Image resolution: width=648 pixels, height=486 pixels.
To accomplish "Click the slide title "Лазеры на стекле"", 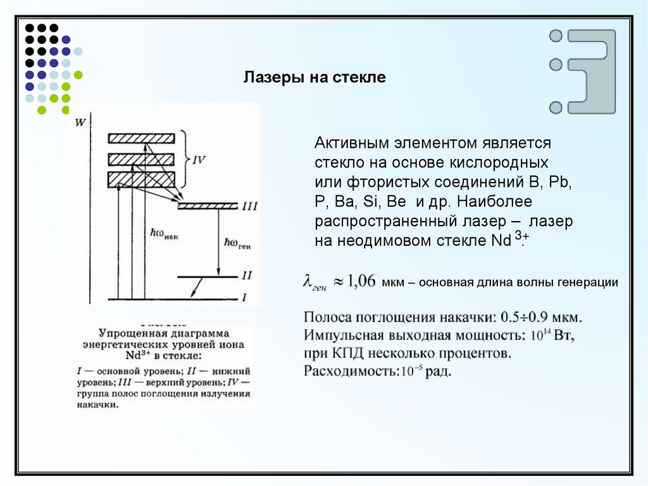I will click(315, 79).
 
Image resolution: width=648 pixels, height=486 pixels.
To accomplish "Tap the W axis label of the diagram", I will click(80, 122).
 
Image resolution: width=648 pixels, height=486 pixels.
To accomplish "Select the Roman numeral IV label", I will click(198, 160).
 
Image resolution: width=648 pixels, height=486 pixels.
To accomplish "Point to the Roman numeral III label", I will click(249, 207).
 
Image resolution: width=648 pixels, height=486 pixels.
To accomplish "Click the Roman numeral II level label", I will click(247, 276).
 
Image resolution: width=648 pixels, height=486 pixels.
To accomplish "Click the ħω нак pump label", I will click(165, 233).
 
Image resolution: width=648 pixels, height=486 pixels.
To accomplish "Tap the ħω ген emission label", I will click(238, 243).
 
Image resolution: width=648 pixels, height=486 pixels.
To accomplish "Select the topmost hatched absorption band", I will click(141, 139).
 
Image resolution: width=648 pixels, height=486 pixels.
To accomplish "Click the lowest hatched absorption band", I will click(141, 180).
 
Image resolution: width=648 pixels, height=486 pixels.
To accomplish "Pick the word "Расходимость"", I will click(350, 371).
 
